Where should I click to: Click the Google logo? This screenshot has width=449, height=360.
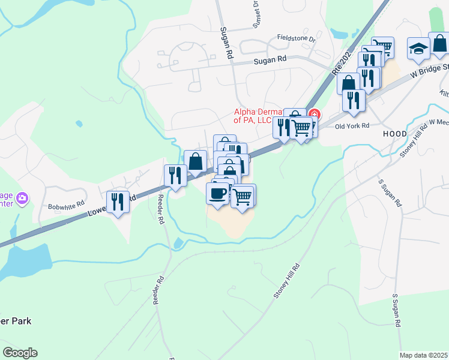pyautogui.click(x=20, y=353)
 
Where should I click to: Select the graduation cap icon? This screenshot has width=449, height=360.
pyautogui.click(x=418, y=49)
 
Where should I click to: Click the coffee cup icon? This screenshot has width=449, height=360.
pyautogui.click(x=217, y=193)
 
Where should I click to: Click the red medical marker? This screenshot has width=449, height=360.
pyautogui.click(x=314, y=115)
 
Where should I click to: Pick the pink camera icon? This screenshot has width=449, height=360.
pyautogui.click(x=22, y=197)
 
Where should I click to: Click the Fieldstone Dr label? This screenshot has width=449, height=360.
pyautogui.click(x=296, y=38)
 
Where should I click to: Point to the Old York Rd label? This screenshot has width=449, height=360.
pyautogui.click(x=352, y=126)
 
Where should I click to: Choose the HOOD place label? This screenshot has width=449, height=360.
pyautogui.click(x=395, y=133)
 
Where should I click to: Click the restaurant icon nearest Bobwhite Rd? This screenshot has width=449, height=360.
pyautogui.click(x=118, y=201)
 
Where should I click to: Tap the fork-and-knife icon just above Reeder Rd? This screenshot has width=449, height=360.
pyautogui.click(x=175, y=175)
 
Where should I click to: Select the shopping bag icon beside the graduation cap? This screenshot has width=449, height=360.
pyautogui.click(x=439, y=44)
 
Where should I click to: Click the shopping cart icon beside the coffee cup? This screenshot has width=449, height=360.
pyautogui.click(x=243, y=195)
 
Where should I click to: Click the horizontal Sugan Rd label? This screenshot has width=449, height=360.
pyautogui.click(x=270, y=59)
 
